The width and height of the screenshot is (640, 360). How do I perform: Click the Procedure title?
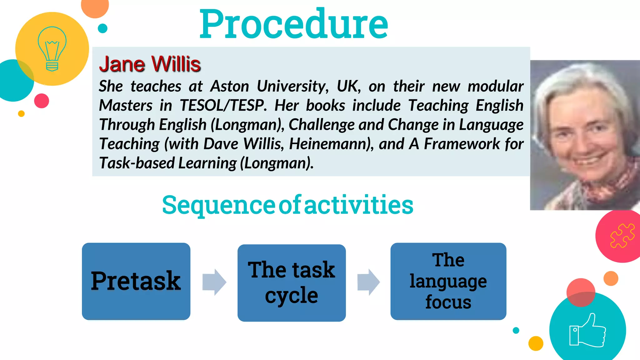point(294,24)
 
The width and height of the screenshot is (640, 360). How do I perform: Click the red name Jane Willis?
point(150,64)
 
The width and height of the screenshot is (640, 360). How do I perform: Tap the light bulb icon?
point(52,49)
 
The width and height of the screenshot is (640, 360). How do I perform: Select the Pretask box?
point(136,281)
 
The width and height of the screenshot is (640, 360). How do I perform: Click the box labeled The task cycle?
point(291,283)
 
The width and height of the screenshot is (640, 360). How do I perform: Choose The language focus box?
point(448,281)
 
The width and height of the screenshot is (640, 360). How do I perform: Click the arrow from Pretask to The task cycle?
point(214,282)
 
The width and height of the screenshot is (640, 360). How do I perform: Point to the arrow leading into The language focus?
point(368,282)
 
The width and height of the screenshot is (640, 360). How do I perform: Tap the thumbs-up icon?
point(587,331)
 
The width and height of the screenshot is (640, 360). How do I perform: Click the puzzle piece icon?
point(622,236)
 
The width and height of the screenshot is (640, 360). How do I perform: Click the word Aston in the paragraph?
point(229,86)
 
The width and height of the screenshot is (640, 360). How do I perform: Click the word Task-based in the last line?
point(137,163)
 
